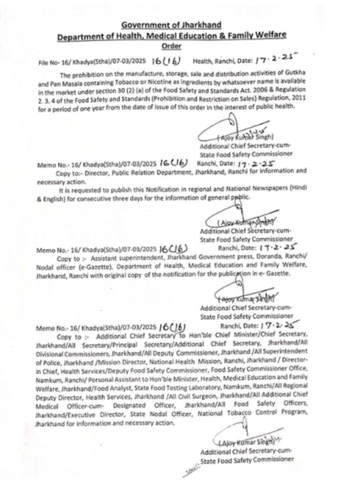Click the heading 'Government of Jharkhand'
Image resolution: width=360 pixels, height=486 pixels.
click(x=171, y=25)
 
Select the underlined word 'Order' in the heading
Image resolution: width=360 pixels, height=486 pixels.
click(x=171, y=46)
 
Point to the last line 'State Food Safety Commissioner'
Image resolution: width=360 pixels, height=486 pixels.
click(x=247, y=460)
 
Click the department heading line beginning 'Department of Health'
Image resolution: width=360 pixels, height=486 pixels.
click(x=172, y=36)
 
